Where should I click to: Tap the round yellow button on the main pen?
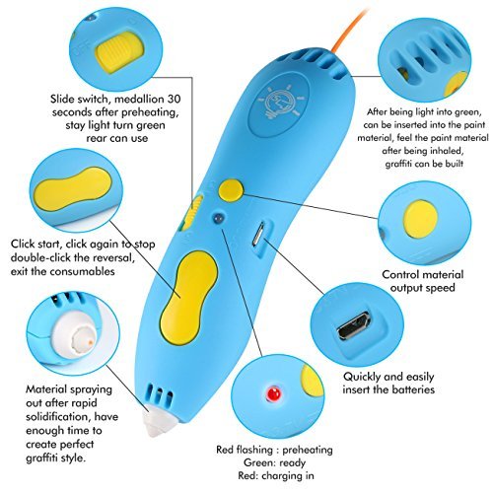231,189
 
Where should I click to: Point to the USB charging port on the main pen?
258,234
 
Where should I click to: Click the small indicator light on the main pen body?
218,218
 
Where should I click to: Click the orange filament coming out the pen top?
349,30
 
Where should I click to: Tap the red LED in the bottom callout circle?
273,393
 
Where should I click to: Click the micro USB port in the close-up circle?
355,326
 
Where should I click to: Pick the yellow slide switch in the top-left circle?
120,52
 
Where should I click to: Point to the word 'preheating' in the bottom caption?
308,450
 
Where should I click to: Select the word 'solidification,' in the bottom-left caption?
58,417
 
